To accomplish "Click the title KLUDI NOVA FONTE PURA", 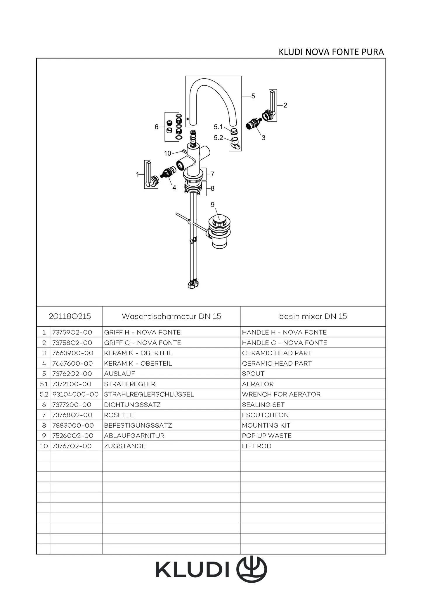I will click(331, 52).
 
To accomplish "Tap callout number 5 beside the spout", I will click(253, 96).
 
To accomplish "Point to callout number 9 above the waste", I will click(212, 204).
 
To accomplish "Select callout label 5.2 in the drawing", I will click(218, 137).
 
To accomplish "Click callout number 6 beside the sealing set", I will click(157, 127).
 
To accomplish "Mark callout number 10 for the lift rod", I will click(167, 153).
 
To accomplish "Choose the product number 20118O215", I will click(70, 316).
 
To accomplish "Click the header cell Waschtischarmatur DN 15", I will click(171, 316).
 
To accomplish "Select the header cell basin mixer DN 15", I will click(313, 316).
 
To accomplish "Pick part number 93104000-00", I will click(75, 394).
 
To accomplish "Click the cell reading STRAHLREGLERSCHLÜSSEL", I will click(149, 394).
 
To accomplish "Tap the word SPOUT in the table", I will click(253, 373).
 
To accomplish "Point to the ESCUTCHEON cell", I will click(265, 415).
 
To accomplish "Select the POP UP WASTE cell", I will click(267, 436).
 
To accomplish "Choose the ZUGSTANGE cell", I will click(125, 446).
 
